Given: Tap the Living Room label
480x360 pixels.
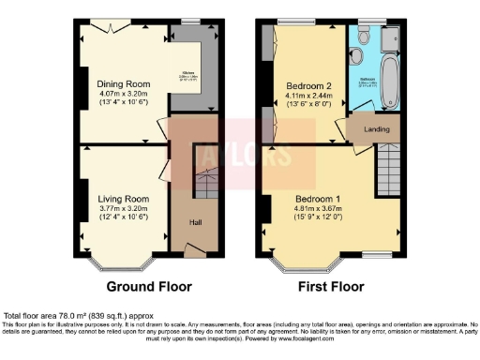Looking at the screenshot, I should tap(124, 199).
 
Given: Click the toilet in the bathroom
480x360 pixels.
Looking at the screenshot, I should tap(362, 55).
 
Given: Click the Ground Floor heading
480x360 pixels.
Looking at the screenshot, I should tap(149, 286).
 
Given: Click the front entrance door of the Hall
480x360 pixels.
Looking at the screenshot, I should tap(195, 249).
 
